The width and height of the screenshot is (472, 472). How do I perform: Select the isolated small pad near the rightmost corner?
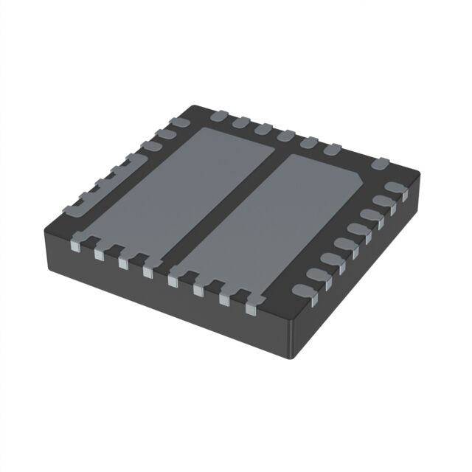380,163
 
